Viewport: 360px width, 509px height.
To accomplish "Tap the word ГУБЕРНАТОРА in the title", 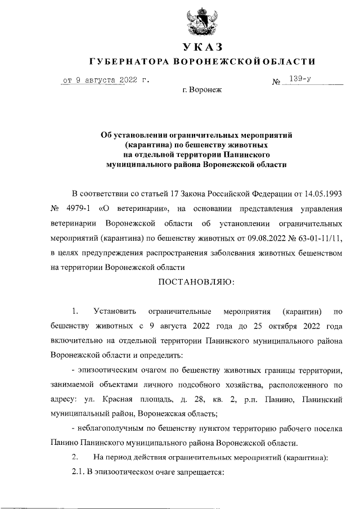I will click(130, 61).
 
